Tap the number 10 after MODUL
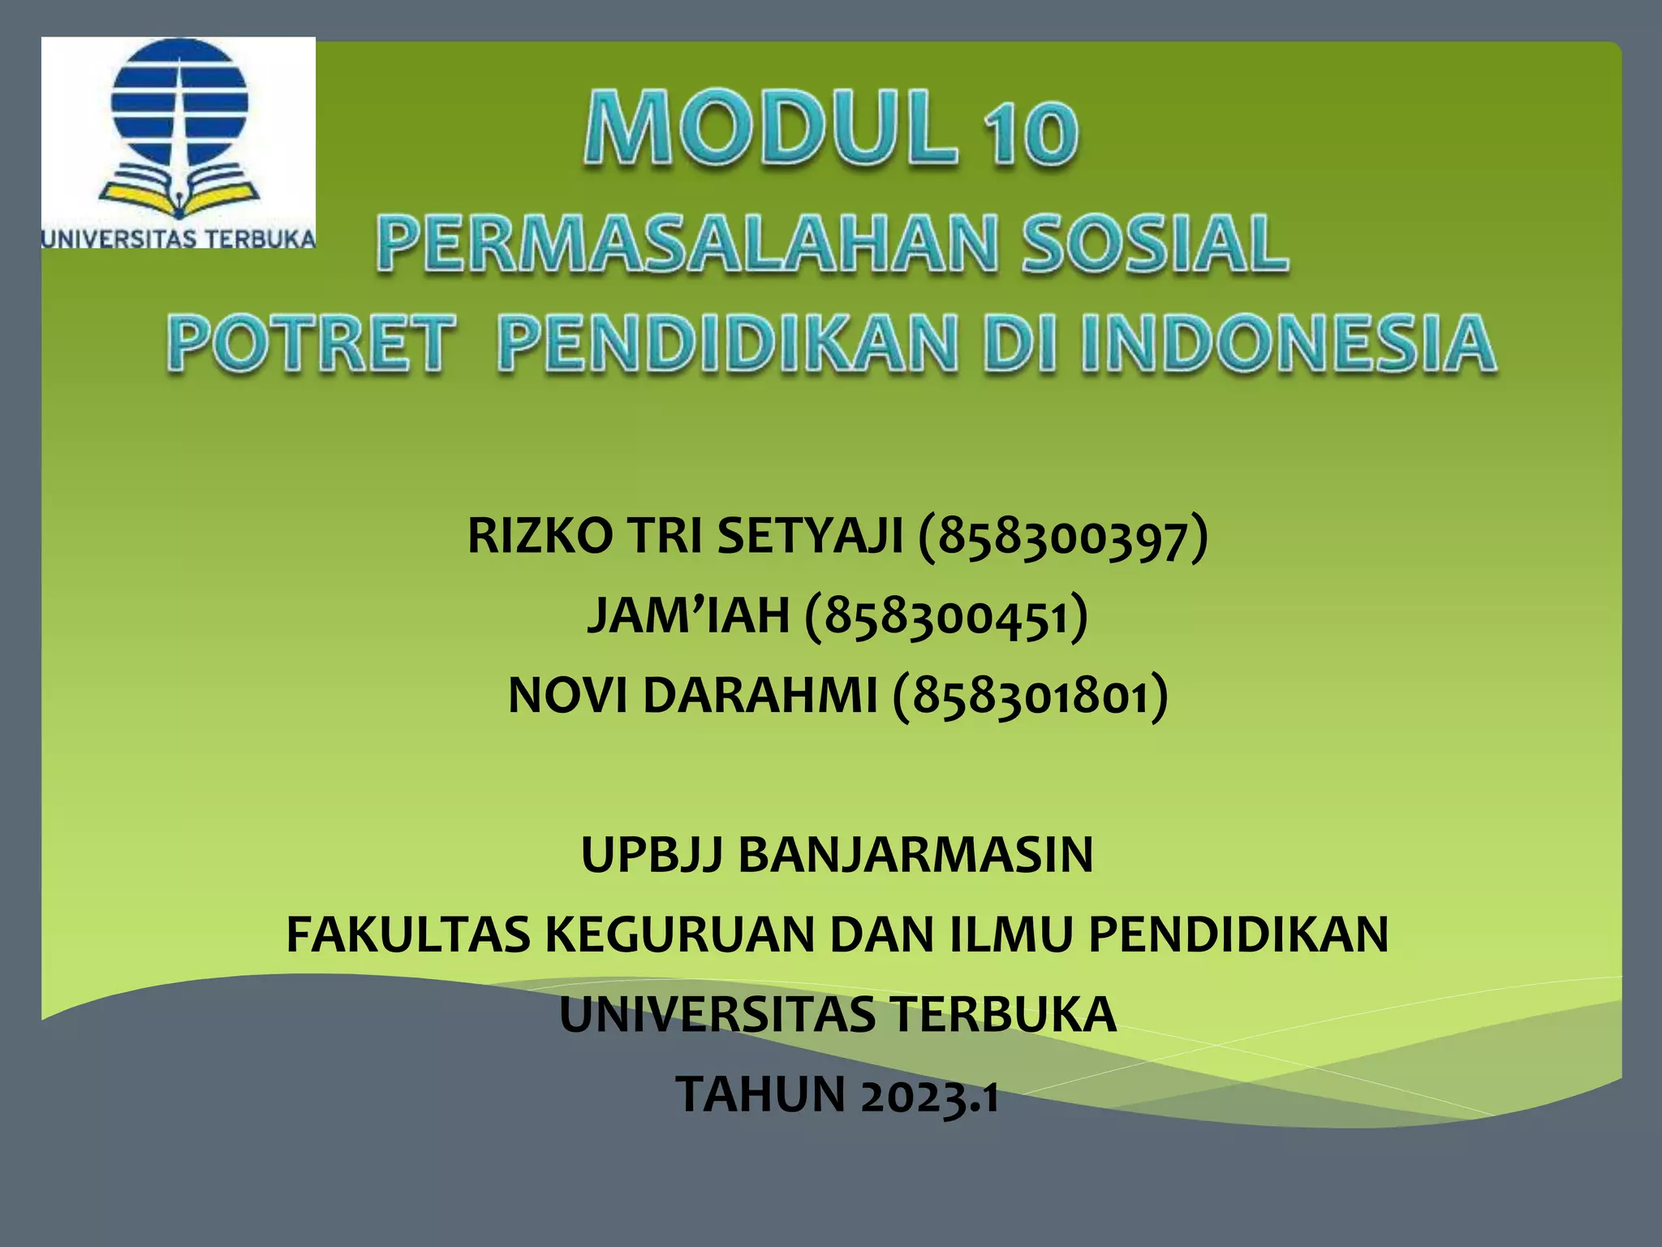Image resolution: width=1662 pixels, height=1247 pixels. tap(1031, 134)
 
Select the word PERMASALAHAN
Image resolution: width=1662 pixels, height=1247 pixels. tap(685, 244)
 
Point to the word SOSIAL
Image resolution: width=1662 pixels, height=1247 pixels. tap(1153, 244)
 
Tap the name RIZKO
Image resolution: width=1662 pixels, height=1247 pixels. tap(540, 537)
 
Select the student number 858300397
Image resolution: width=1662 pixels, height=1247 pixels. tap(1063, 538)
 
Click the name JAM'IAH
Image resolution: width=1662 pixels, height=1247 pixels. tap(688, 615)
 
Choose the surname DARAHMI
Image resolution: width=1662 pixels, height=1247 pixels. tap(760, 696)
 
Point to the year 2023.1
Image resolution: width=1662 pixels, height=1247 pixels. tap(930, 1095)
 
